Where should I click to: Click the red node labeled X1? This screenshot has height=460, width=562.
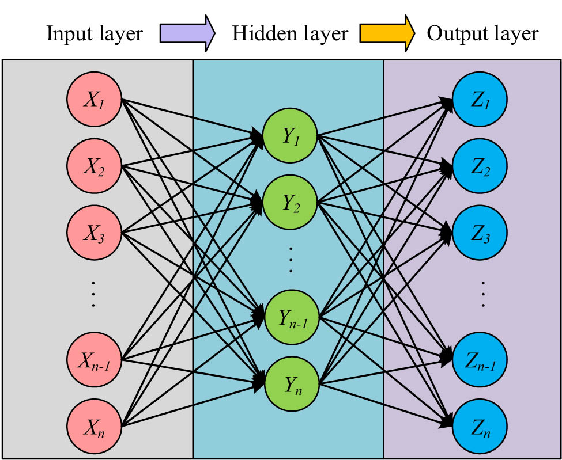[x=93, y=101]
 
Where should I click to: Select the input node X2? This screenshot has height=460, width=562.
[x=93, y=167]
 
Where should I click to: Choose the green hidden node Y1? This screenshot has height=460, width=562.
[x=291, y=136]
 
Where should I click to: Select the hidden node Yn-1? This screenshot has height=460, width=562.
[x=291, y=317]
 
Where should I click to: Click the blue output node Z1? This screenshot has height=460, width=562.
[x=480, y=101]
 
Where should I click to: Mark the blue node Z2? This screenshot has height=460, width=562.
[x=480, y=167]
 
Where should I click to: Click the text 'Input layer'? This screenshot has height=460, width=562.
[x=95, y=34]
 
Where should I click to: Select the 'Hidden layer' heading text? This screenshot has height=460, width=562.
[x=290, y=34]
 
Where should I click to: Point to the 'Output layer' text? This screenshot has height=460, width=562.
[x=482, y=34]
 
